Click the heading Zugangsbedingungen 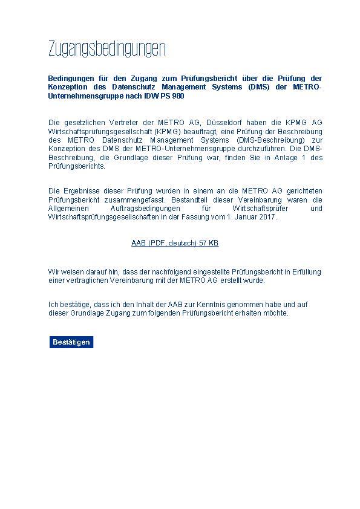click(x=106, y=50)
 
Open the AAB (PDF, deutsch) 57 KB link click(x=175, y=243)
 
